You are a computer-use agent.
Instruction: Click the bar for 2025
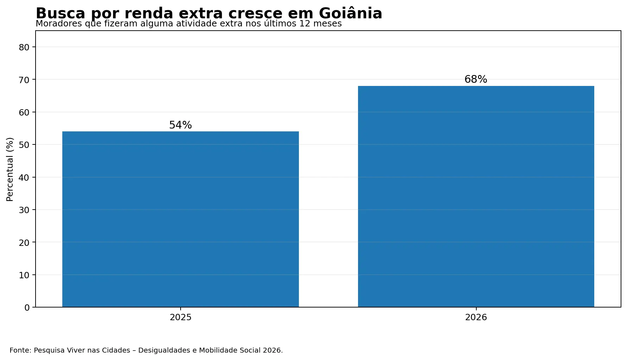[181, 219]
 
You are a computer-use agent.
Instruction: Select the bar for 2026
[476, 197]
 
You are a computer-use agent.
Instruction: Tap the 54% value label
[181, 125]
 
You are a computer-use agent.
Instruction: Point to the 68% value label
[476, 79]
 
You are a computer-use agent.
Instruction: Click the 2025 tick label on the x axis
[181, 317]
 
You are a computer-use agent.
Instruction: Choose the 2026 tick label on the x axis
[476, 317]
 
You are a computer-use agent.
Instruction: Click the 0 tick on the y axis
[27, 308]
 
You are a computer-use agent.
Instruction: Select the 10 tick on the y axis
[24, 275]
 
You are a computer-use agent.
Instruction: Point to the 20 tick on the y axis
[24, 242]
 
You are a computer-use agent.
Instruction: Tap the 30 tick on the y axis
[24, 210]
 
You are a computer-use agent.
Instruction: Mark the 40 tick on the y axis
[24, 178]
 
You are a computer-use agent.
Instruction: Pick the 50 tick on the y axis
[24, 145]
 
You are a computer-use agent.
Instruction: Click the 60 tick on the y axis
[24, 112]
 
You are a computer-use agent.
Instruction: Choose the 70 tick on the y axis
[24, 80]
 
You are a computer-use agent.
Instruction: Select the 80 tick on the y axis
[24, 47]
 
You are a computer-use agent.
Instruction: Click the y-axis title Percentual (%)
[10, 169]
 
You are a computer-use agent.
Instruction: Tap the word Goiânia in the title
[350, 13]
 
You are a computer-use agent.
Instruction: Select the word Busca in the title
[61, 13]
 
